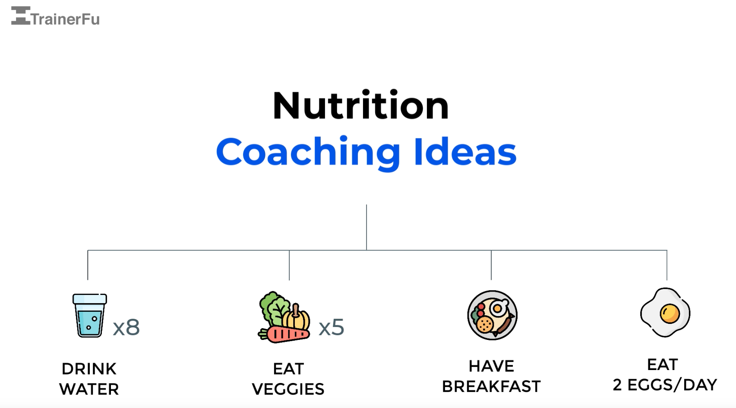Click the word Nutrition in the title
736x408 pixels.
click(x=361, y=106)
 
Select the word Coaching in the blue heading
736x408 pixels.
click(x=308, y=152)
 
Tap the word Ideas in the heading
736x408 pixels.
click(x=465, y=152)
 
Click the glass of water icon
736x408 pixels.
click(x=90, y=315)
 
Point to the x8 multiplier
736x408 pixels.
click(x=126, y=327)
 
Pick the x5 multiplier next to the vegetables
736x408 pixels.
click(x=332, y=327)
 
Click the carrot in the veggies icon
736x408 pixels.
click(x=287, y=335)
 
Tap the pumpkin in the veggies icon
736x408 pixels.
click(x=297, y=318)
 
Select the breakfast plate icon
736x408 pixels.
click(x=492, y=315)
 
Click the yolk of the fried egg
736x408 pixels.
click(x=670, y=314)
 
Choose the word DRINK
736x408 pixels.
click(x=89, y=369)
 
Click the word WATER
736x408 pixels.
click(x=89, y=389)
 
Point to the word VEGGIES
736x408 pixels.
click(x=288, y=389)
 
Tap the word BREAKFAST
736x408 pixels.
click(x=491, y=387)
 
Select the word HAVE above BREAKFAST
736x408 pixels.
click(x=491, y=367)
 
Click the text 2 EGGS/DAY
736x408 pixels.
click(x=665, y=385)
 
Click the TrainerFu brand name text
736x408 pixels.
click(x=65, y=19)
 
